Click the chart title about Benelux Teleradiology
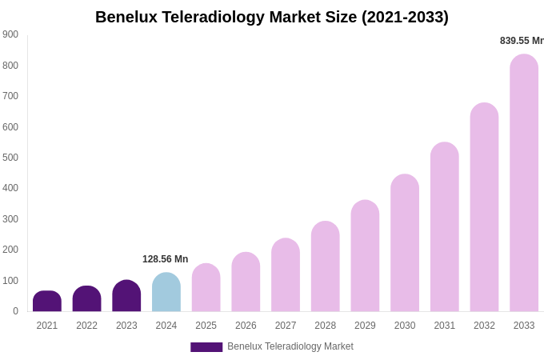(x=272, y=17)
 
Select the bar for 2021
(x=47, y=302)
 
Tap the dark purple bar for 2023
(x=126, y=296)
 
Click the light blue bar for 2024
(x=166, y=293)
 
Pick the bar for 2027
(x=286, y=275)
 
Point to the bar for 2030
(x=405, y=243)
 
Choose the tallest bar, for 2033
(x=524, y=183)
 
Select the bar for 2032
(x=484, y=207)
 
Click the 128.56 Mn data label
(x=165, y=259)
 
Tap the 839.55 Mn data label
(x=522, y=41)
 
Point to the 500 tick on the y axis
(x=10, y=158)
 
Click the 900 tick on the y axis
(x=10, y=34)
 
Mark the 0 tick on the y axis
(x=15, y=311)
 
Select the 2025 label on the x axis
(x=206, y=326)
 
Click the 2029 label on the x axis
(x=365, y=326)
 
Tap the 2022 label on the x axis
(x=87, y=326)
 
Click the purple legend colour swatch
(x=206, y=347)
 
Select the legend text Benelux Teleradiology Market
(x=290, y=346)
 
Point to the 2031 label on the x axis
(x=445, y=326)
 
